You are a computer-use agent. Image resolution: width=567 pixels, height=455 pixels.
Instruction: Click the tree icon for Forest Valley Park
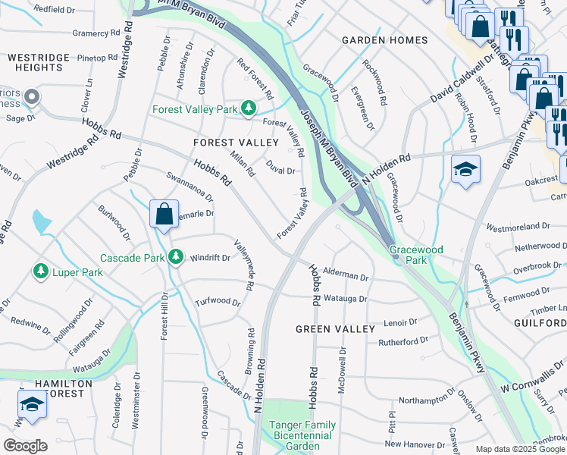248,109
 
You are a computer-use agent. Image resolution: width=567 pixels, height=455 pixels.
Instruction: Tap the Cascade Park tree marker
176,257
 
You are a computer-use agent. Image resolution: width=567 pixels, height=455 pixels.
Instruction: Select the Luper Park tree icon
39,271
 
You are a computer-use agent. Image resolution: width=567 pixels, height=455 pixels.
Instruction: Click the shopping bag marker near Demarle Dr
164,215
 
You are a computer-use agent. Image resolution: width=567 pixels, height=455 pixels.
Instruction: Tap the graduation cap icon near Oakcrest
465,169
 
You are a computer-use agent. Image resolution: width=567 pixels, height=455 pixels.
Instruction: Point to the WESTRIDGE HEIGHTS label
36,62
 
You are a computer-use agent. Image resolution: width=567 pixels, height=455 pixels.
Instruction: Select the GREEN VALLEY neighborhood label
335,329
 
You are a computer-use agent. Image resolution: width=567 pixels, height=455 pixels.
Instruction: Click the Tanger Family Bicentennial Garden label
300,435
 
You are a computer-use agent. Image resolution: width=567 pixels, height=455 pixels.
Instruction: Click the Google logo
25,446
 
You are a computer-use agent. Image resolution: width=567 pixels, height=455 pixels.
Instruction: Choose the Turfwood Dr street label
218,302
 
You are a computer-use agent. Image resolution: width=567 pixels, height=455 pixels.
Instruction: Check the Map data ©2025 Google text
519,449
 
